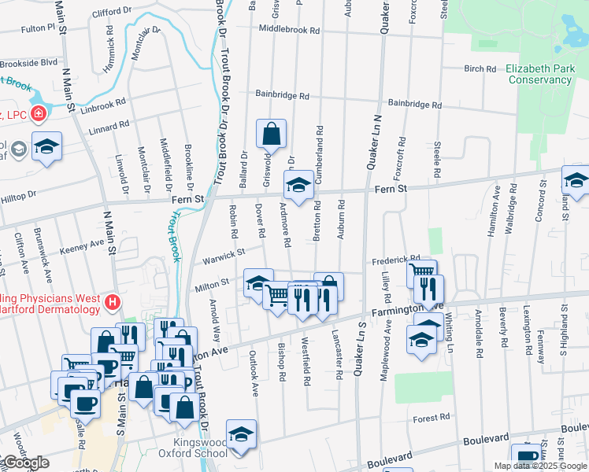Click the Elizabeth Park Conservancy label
point(539,74)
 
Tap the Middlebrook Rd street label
point(289,31)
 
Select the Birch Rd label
point(480,68)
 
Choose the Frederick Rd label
point(395,260)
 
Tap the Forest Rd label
point(434,417)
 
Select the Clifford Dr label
point(112,12)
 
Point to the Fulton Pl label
point(38,28)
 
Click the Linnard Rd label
point(109,127)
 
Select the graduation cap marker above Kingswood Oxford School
point(241,434)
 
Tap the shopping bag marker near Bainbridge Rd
point(271,135)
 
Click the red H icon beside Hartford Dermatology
point(113,301)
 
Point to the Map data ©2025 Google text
point(539,466)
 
